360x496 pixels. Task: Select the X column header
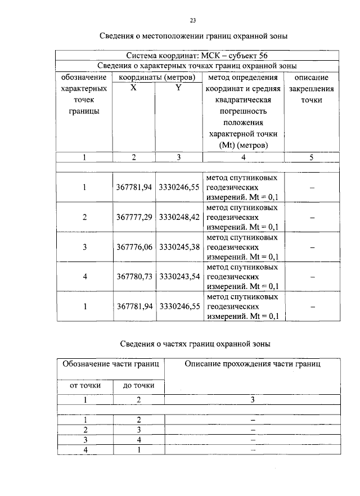click(x=134, y=88)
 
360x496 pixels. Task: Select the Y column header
click(x=178, y=88)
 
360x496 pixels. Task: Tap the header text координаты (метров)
click(x=156, y=77)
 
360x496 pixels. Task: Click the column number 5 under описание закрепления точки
click(x=311, y=157)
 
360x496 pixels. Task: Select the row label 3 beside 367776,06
click(x=84, y=247)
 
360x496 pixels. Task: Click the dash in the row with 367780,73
click(x=312, y=277)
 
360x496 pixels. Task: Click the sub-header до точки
click(x=138, y=385)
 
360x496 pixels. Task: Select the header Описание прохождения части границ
click(x=253, y=364)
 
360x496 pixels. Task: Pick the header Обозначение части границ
click(x=111, y=364)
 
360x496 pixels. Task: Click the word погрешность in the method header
click(x=242, y=111)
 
